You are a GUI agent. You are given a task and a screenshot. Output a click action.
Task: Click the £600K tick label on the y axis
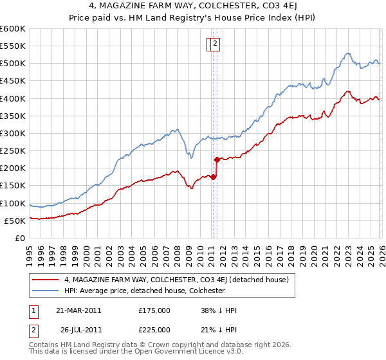13,29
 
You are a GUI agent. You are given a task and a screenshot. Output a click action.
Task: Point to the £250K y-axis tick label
13,150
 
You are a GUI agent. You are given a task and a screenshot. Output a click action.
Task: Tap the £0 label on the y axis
19,238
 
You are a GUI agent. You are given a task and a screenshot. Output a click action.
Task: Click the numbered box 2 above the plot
216,44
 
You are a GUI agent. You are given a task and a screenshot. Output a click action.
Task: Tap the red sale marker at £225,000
217,159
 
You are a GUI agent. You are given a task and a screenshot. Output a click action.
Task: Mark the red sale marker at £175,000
213,177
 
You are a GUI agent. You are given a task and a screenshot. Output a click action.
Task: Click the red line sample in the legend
46,280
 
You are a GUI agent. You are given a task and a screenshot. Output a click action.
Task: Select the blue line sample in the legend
46,291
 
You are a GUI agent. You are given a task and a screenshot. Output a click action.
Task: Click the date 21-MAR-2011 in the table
78,310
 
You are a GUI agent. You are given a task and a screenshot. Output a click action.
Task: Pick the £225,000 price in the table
154,330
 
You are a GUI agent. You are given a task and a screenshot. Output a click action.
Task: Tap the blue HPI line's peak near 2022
347,53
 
